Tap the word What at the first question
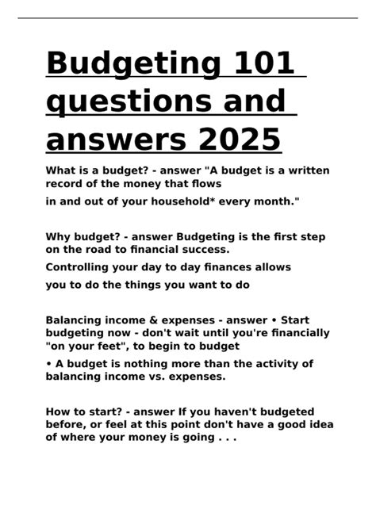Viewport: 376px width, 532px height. (x=61, y=170)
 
